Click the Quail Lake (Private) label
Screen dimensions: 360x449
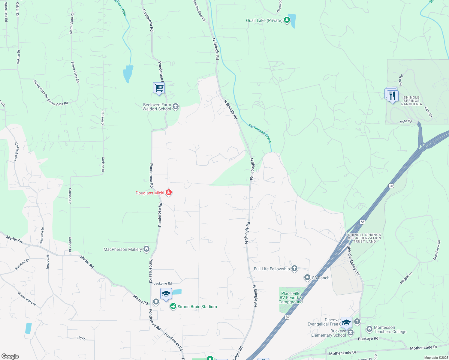pos(264,20)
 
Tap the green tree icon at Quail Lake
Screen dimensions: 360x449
pos(287,20)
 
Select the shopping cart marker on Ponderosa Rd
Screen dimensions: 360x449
pos(159,88)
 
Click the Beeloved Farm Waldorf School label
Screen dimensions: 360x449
pos(157,107)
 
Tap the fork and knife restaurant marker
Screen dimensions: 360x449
pos(393,96)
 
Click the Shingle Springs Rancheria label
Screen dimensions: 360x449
pos(411,101)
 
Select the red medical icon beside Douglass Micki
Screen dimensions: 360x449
pos(169,193)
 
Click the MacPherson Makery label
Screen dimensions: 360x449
pos(122,249)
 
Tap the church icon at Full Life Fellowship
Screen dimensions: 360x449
pos(294,268)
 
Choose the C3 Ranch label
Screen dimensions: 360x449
pos(321,278)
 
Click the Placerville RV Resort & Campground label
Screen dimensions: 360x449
pos(290,298)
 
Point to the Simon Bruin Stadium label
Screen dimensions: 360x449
pos(197,307)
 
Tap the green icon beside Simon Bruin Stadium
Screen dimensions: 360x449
pos(173,306)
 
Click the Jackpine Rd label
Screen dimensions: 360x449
pos(163,283)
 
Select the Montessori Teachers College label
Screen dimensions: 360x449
pos(390,329)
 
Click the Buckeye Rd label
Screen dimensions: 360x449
pos(368,339)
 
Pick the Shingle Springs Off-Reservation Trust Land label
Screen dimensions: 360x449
pos(364,238)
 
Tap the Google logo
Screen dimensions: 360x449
pos(10,356)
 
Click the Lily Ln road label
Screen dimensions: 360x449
pos(81,338)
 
